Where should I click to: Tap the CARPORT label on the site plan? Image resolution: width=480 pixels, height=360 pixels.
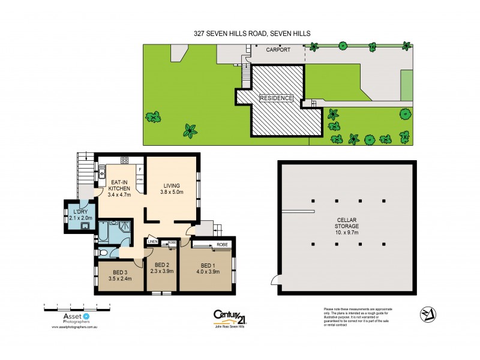(x=278, y=50)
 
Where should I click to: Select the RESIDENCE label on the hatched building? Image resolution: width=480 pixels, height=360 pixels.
(x=276, y=98)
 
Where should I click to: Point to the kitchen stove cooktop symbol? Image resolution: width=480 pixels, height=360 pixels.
(x=125, y=160)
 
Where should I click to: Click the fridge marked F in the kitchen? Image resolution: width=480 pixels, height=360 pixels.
(x=139, y=169)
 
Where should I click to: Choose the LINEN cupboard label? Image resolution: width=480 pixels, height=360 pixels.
(x=152, y=242)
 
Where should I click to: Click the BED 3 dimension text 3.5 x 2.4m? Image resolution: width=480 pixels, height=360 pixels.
(x=120, y=279)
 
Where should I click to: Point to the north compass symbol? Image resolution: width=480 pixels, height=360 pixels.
(x=427, y=314)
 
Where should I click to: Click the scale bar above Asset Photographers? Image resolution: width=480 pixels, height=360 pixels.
(x=78, y=308)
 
